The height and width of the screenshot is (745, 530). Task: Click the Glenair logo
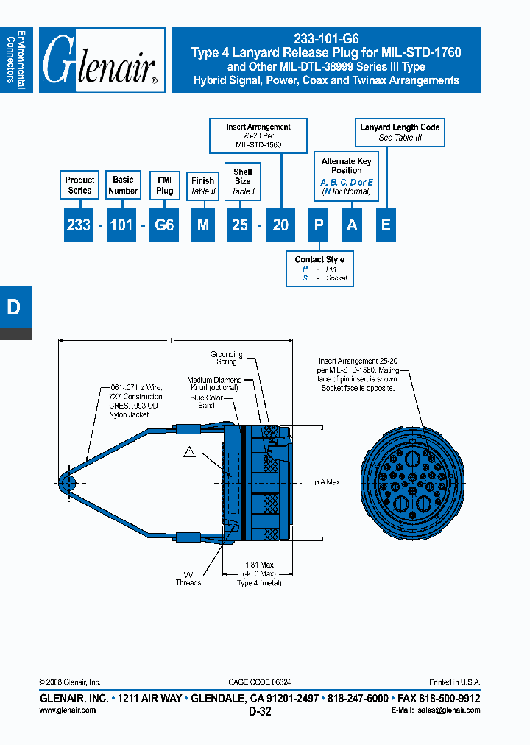coord(102,60)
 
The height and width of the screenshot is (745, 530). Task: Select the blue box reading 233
coord(78,225)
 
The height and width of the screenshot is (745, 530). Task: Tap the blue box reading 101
coord(121,225)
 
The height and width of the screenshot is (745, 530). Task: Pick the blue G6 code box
coord(165,225)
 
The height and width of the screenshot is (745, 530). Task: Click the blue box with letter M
coord(202,225)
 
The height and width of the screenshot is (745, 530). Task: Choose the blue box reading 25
coord(240,225)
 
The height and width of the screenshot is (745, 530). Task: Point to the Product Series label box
coord(79,185)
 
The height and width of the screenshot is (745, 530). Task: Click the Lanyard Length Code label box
coord(400,133)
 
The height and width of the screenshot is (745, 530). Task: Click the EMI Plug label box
coord(165,185)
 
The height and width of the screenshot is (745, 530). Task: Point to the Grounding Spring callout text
coord(226,358)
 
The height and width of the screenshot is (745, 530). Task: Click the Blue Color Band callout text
coord(206,401)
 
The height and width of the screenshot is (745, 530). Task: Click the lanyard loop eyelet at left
coord(67,483)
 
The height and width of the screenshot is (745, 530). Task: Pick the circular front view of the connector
coord(413,482)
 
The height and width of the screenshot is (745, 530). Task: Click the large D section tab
coord(15,308)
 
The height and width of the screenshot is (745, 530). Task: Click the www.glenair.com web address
coord(67,710)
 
